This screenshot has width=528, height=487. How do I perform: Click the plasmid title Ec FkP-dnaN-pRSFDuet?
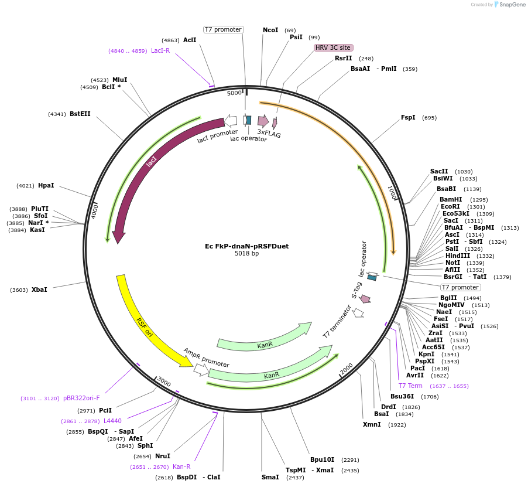tap(246, 246)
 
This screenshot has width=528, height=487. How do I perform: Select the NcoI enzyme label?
tap(270, 30)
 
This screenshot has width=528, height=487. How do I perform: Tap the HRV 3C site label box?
tap(333, 47)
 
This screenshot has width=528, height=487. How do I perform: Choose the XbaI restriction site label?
tap(39, 290)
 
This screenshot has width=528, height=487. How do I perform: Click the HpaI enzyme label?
tap(46, 185)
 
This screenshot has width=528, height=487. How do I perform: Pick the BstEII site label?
tap(80, 114)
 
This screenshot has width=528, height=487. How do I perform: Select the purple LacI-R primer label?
tap(160, 50)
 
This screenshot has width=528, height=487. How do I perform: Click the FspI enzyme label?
tap(408, 117)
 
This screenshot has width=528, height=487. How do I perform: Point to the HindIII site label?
tap(457, 256)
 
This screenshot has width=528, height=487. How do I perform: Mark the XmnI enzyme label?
tap(372, 424)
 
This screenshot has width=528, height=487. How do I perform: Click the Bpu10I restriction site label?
tap(322, 459)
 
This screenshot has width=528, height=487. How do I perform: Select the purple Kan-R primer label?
tap(181, 466)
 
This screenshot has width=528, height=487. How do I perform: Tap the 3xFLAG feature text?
tap(269, 134)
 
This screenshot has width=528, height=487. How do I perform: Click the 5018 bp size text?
tap(246, 254)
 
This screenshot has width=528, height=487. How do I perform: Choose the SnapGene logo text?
tap(510, 5)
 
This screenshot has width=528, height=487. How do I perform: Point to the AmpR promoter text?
tap(206, 357)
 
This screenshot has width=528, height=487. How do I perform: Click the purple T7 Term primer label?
tap(410, 386)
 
